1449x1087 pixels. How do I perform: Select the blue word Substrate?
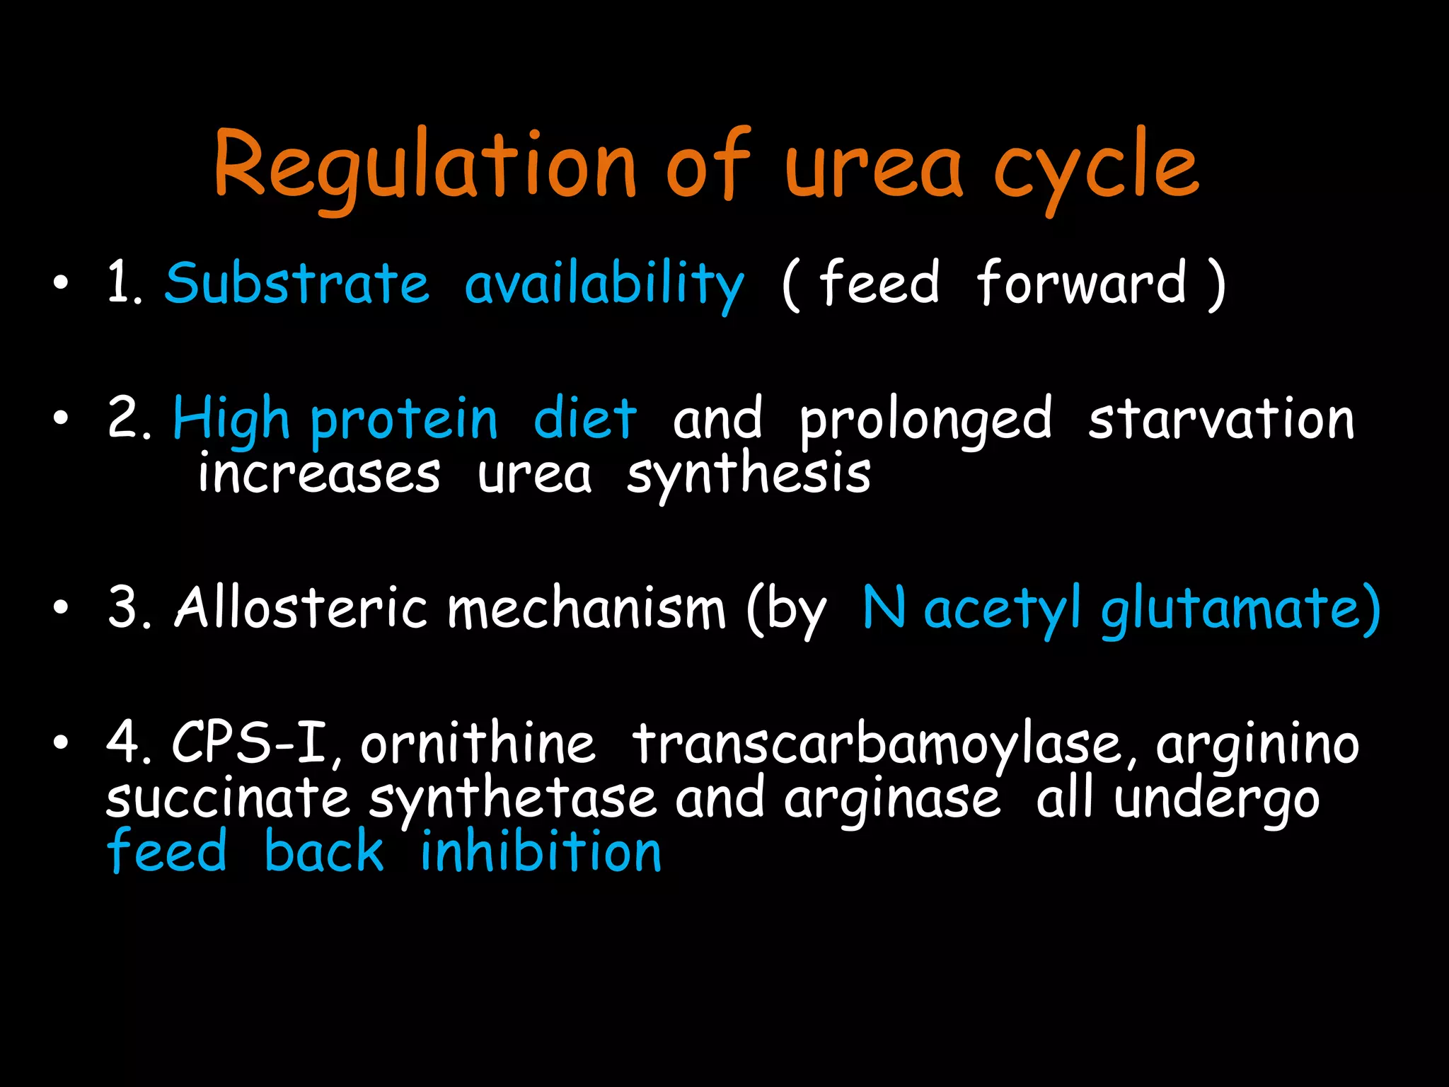(297, 283)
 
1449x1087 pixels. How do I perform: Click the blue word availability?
(604, 284)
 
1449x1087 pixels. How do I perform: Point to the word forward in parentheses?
(1081, 283)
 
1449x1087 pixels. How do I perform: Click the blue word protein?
(404, 421)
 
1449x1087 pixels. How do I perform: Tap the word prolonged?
(925, 421)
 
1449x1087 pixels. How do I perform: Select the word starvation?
(1221, 420)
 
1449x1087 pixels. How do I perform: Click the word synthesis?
(749, 476)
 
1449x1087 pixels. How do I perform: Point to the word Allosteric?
(301, 608)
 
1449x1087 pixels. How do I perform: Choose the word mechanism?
(587, 608)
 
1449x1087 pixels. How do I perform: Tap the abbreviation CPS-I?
(250, 743)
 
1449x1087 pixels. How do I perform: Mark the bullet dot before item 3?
(62, 608)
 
